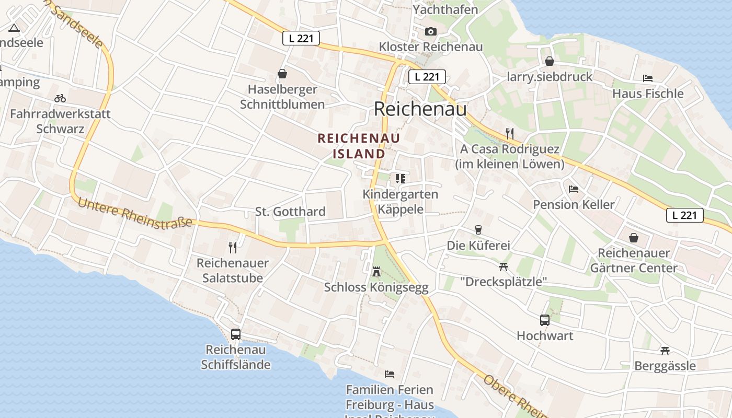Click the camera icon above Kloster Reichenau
(x=430, y=32)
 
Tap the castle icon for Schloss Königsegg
(x=376, y=271)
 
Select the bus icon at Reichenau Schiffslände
(x=236, y=334)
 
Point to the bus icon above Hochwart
(x=545, y=320)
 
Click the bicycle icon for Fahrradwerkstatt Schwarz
(x=60, y=98)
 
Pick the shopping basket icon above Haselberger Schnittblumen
(x=282, y=74)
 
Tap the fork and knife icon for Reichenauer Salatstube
(x=233, y=247)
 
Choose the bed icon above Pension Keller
(x=574, y=189)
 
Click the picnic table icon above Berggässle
(x=665, y=351)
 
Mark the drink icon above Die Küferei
(x=478, y=230)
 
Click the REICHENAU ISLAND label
(x=359, y=146)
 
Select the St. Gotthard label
(x=290, y=212)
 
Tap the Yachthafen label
(x=445, y=9)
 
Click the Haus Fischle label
(x=648, y=94)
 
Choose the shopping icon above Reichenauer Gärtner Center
(x=634, y=238)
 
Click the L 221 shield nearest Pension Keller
(x=685, y=215)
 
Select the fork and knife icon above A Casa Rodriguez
(x=510, y=134)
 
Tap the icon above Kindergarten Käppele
(x=401, y=179)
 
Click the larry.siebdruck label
(x=550, y=77)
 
